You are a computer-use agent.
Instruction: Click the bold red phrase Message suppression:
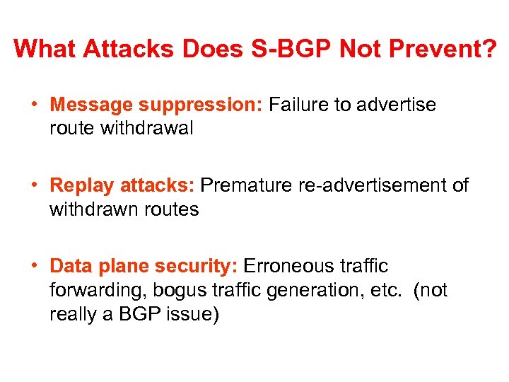point(156,105)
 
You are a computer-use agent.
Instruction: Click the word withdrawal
point(148,129)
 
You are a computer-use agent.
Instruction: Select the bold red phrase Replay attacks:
point(122,186)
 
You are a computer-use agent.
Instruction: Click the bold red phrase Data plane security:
point(143,267)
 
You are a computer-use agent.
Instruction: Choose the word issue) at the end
point(192,315)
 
